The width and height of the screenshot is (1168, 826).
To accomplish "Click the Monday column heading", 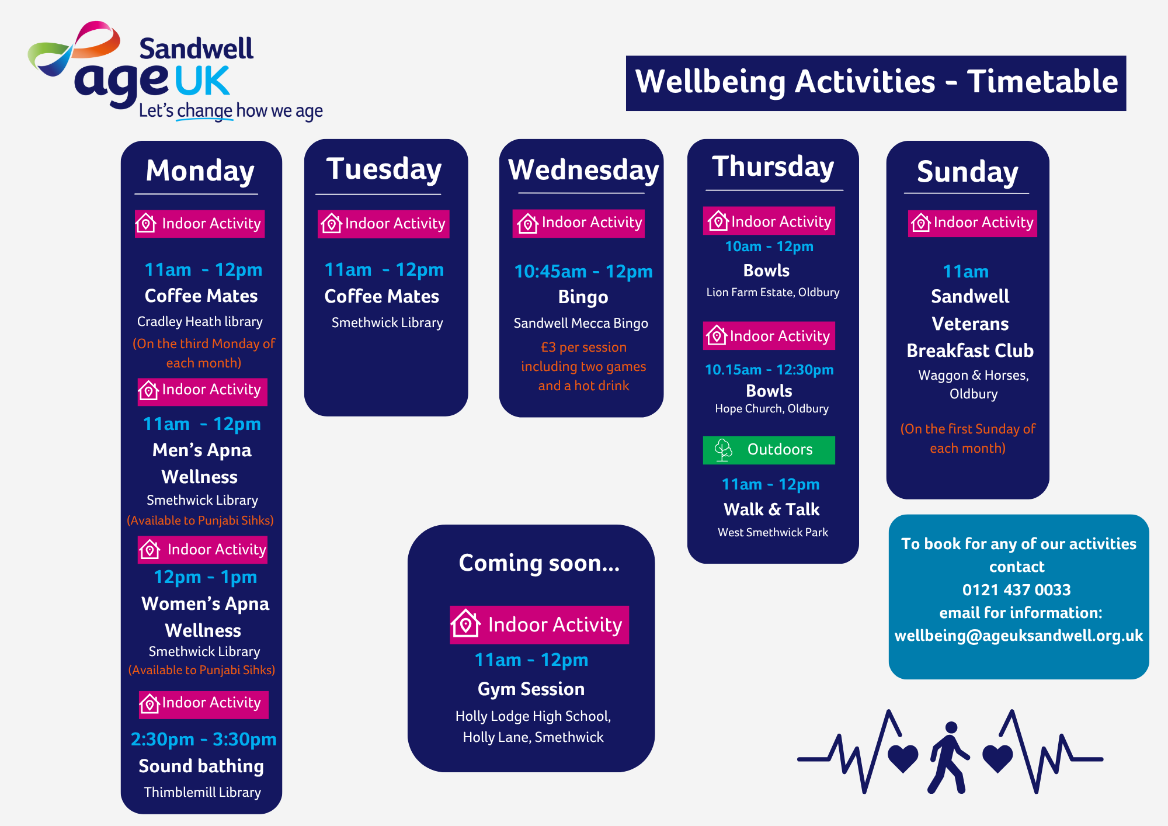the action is [200, 171].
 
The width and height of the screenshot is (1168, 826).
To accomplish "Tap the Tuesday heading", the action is [384, 169].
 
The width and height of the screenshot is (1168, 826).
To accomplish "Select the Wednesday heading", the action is [583, 171].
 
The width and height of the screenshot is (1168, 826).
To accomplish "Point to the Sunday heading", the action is [968, 172].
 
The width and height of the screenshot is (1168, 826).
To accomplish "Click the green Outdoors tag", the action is [769, 450].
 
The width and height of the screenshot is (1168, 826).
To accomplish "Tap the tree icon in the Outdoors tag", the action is [723, 450].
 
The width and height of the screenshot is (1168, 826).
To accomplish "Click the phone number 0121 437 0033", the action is [1017, 590].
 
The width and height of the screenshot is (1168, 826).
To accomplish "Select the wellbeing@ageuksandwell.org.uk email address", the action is [1018, 636].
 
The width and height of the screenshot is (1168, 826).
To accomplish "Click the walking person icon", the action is [949, 757].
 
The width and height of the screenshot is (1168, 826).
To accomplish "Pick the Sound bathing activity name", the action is [201, 766].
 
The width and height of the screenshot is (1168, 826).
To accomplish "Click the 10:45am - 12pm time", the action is [583, 272].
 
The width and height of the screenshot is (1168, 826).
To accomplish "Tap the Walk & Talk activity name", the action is [771, 509].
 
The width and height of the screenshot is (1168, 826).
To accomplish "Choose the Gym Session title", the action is [531, 689].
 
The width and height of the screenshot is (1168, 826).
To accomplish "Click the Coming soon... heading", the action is [539, 563].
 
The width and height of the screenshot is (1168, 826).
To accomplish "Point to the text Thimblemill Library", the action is [202, 792].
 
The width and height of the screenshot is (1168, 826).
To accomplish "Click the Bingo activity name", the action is [583, 297].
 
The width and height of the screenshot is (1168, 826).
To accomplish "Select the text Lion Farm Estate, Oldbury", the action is [773, 292].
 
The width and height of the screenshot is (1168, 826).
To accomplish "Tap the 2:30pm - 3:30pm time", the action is [203, 740].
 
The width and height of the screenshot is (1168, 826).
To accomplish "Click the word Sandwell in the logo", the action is [196, 48].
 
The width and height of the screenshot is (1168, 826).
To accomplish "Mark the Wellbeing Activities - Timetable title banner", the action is [876, 83].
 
